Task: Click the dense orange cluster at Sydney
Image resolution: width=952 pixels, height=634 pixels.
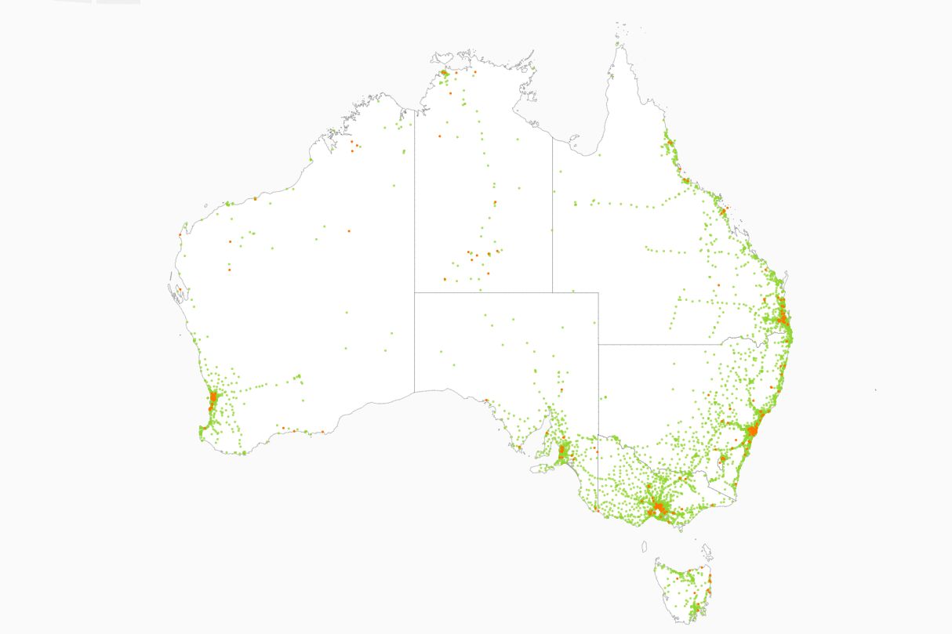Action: click(753, 430)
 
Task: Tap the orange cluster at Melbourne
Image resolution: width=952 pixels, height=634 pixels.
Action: click(659, 509)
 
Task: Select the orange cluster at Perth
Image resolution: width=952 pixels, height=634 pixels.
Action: click(213, 399)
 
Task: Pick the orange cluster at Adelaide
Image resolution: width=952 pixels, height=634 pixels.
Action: click(563, 450)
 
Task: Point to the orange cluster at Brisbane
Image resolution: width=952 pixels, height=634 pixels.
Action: click(783, 317)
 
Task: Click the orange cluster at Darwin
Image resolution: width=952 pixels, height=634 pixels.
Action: click(445, 73)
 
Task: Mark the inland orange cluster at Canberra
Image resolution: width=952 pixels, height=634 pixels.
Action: click(723, 459)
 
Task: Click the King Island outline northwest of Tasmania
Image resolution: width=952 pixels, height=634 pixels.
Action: click(645, 546)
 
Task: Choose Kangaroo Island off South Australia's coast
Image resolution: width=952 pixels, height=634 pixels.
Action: click(541, 469)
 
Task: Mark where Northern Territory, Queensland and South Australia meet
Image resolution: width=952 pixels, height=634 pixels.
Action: click(552, 292)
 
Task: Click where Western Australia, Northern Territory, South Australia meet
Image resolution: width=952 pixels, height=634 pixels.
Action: click(415, 292)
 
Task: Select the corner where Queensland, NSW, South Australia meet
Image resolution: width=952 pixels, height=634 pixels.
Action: click(598, 344)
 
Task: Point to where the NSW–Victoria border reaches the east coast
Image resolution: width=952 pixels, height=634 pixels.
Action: click(736, 499)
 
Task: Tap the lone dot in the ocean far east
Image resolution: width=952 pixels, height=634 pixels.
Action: click(876, 389)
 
